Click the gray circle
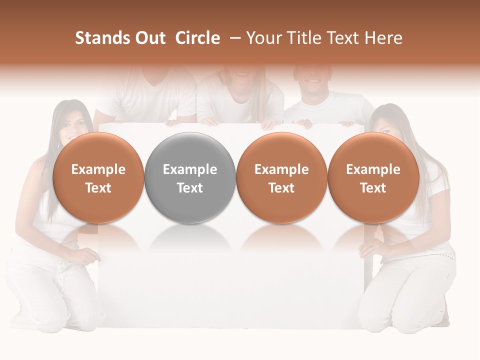[x=190, y=177]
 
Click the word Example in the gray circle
[x=190, y=169]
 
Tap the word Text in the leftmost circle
[x=98, y=188]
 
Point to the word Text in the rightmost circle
[x=373, y=188]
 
